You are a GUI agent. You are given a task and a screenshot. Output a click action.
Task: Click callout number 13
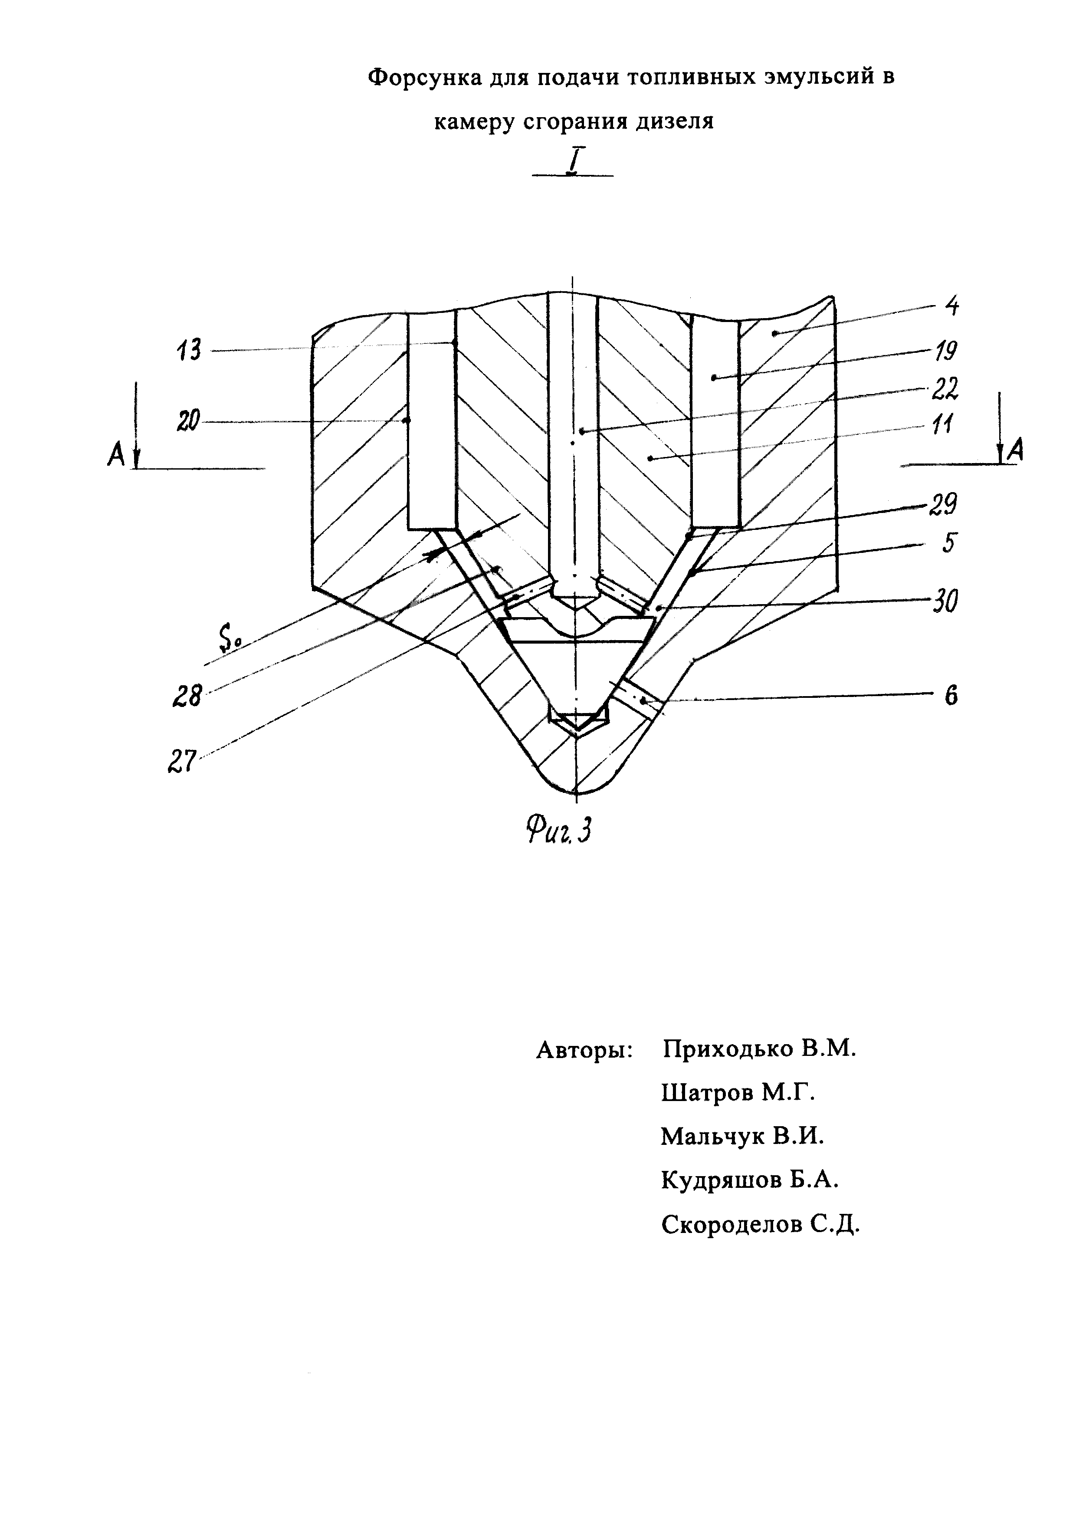coord(189,349)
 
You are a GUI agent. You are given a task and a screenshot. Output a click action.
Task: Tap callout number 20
coord(188,421)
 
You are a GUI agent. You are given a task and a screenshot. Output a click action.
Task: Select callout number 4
coord(952,306)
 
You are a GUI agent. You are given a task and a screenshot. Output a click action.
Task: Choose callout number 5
coord(949,543)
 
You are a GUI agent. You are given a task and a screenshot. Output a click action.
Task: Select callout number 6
coord(951,696)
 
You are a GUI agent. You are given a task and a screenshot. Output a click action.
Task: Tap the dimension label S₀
coord(229,641)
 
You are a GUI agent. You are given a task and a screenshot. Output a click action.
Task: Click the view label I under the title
coord(573,161)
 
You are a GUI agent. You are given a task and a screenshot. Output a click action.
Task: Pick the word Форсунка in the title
coord(424,78)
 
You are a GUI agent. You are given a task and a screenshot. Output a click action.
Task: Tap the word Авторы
coord(584,1049)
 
